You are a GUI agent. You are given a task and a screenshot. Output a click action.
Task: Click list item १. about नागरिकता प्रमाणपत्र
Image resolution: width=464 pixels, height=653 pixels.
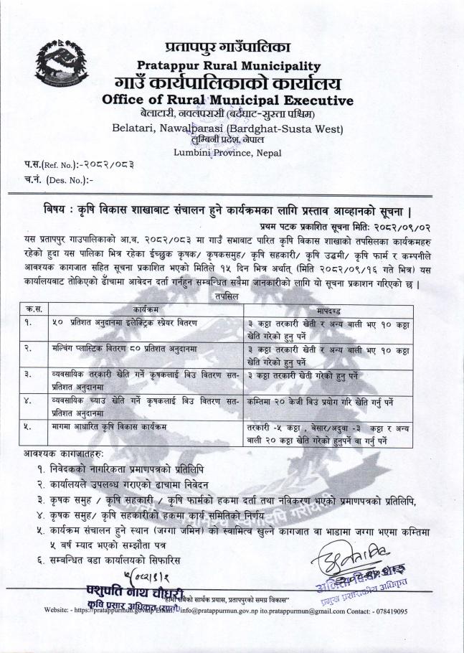(146, 468)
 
